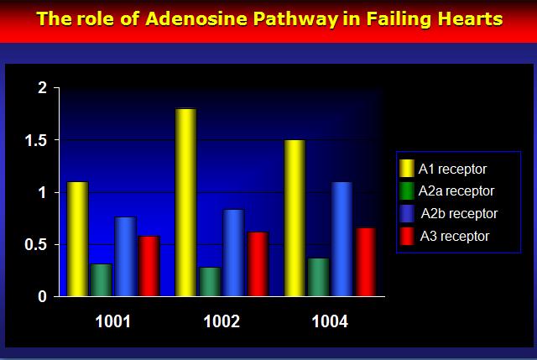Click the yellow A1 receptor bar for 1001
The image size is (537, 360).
coord(77,239)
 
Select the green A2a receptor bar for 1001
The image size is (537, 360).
coord(102,279)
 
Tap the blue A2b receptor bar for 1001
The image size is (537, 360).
coord(125,257)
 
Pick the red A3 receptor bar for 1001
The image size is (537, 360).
coord(149,266)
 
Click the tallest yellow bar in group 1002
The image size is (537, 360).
coord(186,202)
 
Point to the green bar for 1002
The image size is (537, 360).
coord(210,282)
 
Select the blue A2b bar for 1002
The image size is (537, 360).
coord(233,253)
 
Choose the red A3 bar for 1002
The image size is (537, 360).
coord(258,264)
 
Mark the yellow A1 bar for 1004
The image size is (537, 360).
coord(295,218)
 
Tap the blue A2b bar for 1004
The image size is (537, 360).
coord(342,239)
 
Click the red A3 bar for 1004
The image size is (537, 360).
coord(366,262)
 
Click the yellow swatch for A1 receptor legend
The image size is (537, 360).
coord(407,168)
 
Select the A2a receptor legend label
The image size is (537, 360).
coord(456,191)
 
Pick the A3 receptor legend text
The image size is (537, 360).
coord(455,237)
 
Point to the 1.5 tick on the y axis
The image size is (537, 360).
coord(36,140)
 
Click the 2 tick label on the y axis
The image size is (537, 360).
coord(43,88)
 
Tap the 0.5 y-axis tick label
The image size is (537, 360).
coord(36,245)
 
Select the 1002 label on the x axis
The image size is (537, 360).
coord(222,321)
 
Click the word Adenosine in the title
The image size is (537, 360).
coord(196,18)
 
